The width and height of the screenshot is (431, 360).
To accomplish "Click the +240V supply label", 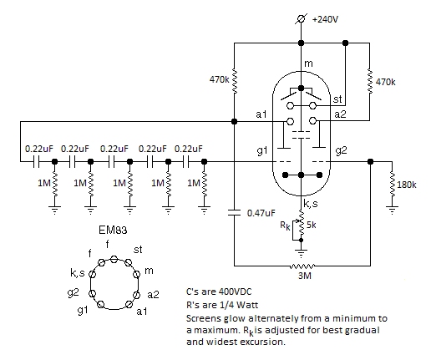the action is click(325, 19).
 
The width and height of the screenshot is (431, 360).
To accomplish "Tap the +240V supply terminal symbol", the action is click(301, 19).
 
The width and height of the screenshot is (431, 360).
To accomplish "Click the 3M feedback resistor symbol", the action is click(302, 266).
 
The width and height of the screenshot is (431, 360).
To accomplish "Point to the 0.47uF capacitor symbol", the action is click(234, 212).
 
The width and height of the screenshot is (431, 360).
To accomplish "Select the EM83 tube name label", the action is click(113, 230).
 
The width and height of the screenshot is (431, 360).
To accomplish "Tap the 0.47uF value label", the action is click(261, 213).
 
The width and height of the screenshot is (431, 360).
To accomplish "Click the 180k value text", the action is click(407, 185).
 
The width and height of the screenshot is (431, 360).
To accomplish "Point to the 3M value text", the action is click(304, 276).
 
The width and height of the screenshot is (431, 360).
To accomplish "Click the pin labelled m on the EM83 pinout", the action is click(136, 274).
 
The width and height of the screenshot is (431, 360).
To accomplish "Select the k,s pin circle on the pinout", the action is click(92, 274).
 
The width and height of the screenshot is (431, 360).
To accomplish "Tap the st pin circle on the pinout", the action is click(128, 262).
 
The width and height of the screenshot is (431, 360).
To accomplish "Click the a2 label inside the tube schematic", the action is click(340, 114).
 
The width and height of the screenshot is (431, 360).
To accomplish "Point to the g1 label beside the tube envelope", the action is click(261, 150).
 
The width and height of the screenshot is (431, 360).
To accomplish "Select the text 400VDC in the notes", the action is click(235, 292).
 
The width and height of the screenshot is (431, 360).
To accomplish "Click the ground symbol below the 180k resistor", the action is click(392, 210).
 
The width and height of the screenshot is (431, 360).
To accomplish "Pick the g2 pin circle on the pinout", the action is click(92, 293).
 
